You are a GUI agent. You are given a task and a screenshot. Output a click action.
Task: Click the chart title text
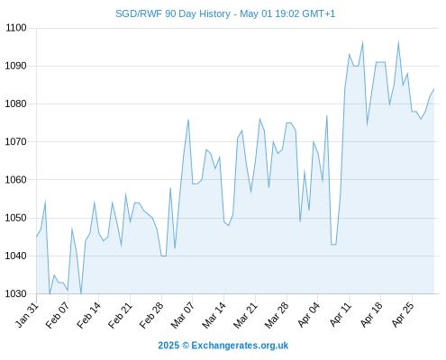pos(225,13)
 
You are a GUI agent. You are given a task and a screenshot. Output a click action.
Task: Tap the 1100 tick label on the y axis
pos(16,28)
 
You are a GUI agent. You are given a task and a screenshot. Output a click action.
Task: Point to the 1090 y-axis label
pos(16,66)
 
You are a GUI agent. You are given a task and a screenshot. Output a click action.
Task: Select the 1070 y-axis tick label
pos(16,141)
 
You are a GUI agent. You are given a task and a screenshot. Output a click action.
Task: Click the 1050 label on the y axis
pos(16,218)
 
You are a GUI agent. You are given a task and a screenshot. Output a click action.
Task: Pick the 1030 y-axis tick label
pos(16,293)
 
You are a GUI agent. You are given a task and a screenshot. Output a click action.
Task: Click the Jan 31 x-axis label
pos(27,315)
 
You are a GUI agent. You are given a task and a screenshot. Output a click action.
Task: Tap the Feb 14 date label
pos(89,315)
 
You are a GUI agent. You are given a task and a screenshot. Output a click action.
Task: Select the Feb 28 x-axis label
pos(151,315)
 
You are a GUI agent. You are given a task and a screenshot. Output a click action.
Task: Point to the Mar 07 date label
pos(183,315)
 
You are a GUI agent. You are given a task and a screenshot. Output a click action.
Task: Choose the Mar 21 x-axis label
pos(245,315)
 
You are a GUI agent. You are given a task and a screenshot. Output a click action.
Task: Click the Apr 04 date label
pos(309,315)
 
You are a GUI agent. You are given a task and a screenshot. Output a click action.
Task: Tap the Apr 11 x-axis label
pos(341,315)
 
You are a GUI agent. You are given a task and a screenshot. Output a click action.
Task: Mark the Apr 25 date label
pos(403,315)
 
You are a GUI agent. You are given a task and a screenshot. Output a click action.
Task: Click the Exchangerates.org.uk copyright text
pos(223,346)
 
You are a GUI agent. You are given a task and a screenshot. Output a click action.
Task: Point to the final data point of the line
pos(434,89)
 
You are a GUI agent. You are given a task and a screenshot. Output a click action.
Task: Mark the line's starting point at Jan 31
pos(37,237)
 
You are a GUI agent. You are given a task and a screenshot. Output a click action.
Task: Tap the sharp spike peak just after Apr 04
pos(327,115)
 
